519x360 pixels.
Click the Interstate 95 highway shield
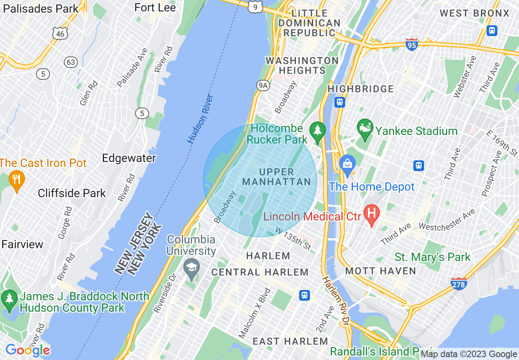(x=412, y=44)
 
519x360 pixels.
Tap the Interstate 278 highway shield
(x=459, y=283)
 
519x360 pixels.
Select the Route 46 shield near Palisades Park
(x=60, y=34)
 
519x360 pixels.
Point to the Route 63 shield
(x=71, y=62)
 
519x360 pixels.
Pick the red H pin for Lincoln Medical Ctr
(x=372, y=214)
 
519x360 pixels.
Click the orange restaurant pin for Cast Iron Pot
(x=16, y=180)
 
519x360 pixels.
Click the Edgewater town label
(x=129, y=158)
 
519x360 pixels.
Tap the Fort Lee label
(x=155, y=8)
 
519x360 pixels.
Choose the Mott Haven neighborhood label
(x=381, y=271)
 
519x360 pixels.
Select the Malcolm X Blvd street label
(x=255, y=313)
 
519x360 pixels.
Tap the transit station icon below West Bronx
(x=492, y=30)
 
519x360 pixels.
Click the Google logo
(x=27, y=350)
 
